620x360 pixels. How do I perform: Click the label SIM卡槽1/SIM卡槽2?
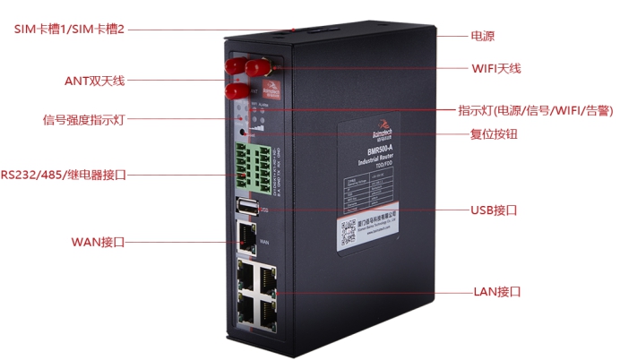point(68,30)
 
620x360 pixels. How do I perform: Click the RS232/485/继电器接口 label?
point(63,175)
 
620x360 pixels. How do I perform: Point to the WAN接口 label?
point(97,242)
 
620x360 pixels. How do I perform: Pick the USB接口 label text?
point(494,210)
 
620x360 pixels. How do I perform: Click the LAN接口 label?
point(495,292)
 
